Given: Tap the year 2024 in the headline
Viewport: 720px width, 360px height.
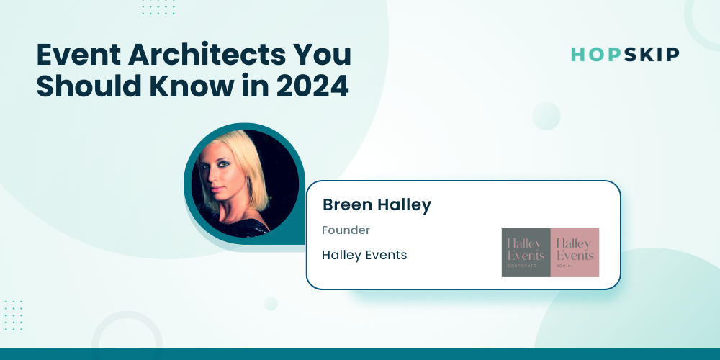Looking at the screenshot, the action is click(312, 86).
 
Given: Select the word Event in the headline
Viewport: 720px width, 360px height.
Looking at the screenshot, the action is click(78, 55).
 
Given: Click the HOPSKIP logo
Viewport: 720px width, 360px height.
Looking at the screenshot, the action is click(625, 55).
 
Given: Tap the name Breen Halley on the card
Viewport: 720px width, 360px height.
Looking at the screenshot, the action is click(377, 205).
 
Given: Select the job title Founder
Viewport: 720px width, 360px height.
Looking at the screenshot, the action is click(346, 230).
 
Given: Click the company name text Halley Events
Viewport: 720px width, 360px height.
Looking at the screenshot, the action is click(364, 255).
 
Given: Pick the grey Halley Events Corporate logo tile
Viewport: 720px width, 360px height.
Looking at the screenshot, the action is click(526, 253).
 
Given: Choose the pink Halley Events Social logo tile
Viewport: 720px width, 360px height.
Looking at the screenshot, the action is click(575, 253).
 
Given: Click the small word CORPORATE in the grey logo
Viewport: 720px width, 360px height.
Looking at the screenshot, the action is click(521, 266).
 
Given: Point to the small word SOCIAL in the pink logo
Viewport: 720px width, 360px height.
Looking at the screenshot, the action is click(564, 266).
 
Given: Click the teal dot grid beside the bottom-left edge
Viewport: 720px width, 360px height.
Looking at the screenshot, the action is click(14, 315).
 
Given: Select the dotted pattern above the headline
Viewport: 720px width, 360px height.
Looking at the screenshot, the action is click(158, 7).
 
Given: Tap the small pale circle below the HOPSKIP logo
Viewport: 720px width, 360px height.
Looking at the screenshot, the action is click(546, 116).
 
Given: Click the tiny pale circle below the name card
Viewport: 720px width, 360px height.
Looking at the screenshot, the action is click(271, 304).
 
